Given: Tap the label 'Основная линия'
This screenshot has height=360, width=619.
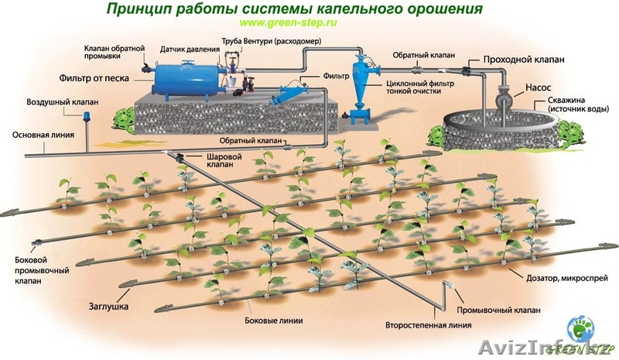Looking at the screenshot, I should pos(43,135).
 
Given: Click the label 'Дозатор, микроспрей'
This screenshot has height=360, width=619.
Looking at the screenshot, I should pos(558,275).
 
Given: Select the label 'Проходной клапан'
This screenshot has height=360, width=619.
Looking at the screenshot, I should pos(523,60).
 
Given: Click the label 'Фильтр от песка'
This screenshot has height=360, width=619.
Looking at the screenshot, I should pos(94,78).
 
